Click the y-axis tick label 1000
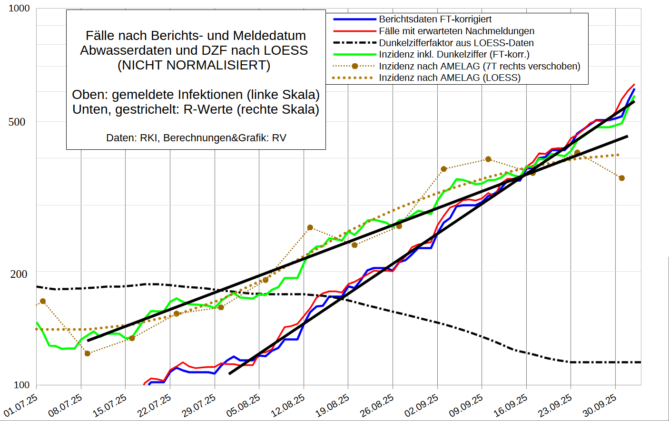pyautogui.click(x=19, y=9)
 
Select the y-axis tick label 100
pyautogui.click(x=21, y=385)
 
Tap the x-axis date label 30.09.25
pyautogui.click(x=600, y=405)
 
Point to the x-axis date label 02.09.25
pyautogui.click(x=422, y=405)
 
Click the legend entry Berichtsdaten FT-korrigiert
pyautogui.click(x=435, y=20)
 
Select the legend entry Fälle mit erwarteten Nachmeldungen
pyautogui.click(x=456, y=31)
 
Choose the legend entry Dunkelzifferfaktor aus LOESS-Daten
pyautogui.click(x=456, y=43)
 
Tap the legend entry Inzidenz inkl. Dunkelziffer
pyautogui.click(x=454, y=55)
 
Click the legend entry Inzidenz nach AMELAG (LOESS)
pyautogui.click(x=449, y=78)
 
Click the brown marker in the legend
pyautogui.click(x=354, y=66)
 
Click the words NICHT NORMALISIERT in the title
pyautogui.click(x=194, y=65)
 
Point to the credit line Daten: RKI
pyautogui.click(x=196, y=138)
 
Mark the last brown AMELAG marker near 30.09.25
pyautogui.click(x=621, y=178)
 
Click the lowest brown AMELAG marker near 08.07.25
pyautogui.click(x=87, y=353)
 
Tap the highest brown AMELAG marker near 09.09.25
pyautogui.click(x=488, y=159)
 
